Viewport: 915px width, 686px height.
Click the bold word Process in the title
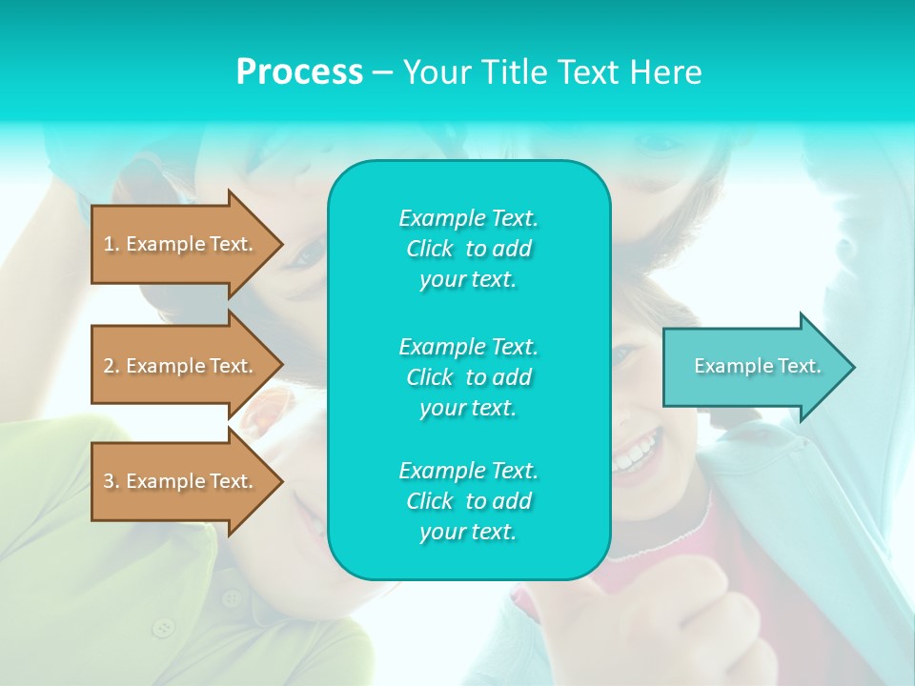click(299, 72)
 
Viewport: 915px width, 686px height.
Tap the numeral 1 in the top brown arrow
click(109, 244)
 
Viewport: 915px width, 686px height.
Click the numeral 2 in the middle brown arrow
click(109, 366)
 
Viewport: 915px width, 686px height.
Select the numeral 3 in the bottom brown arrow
click(109, 481)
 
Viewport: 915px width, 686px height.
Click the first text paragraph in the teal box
click(468, 249)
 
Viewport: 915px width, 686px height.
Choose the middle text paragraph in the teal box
click(468, 377)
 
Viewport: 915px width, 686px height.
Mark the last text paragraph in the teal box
click(468, 501)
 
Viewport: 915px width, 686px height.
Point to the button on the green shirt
click(165, 627)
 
